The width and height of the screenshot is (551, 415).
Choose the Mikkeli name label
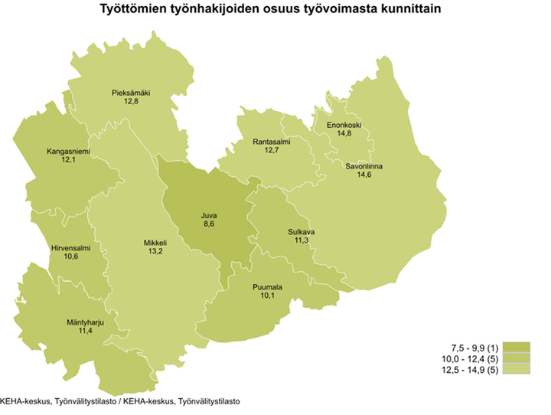tap(155, 243)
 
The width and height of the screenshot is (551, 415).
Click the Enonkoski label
tap(344, 126)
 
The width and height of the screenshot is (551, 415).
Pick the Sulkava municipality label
tap(302, 231)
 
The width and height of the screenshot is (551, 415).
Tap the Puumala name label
tap(268, 287)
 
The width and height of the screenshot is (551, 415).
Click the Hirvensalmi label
tap(71, 248)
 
